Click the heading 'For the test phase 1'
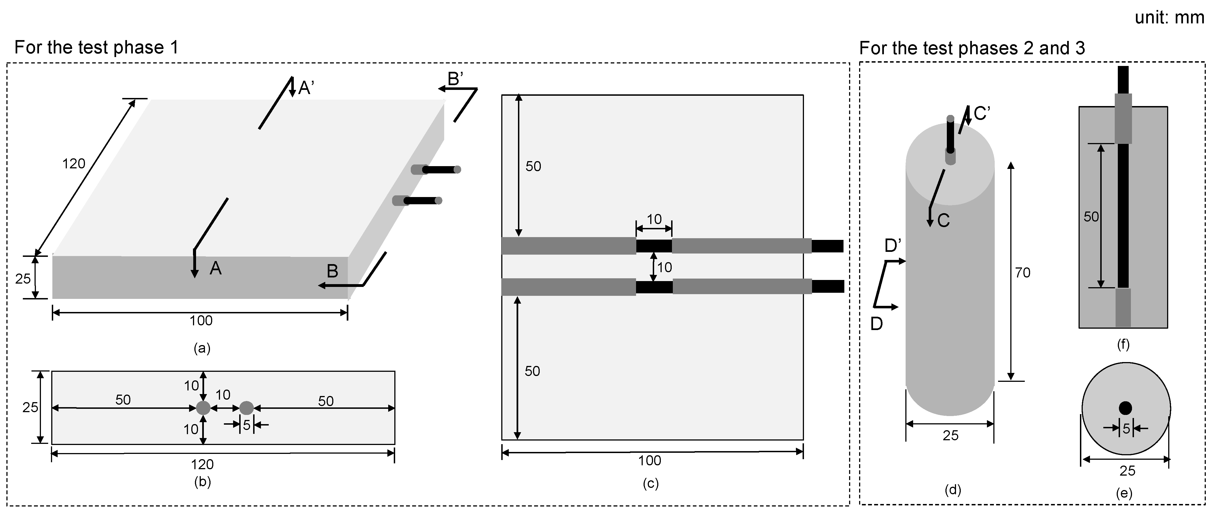click(97, 48)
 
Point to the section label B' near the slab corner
click(455, 79)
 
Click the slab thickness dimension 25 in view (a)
click(23, 279)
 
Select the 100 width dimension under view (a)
click(201, 321)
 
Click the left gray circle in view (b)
click(203, 408)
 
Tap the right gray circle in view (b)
click(247, 408)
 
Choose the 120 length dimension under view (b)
click(202, 464)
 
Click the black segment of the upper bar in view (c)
click(654, 246)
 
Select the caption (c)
click(651, 484)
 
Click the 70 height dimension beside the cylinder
click(1023, 272)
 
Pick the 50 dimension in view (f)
click(1091, 217)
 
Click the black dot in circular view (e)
click(1125, 408)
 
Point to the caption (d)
click(953, 490)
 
